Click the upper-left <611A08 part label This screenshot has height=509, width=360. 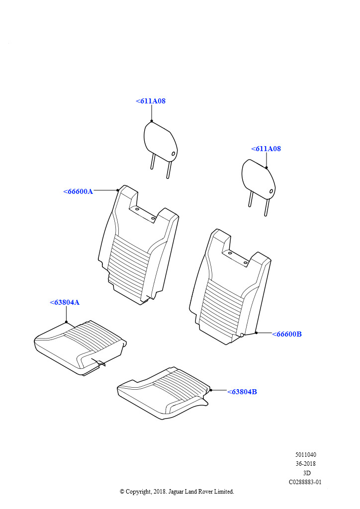click(151, 101)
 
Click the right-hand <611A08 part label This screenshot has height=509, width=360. click(266, 149)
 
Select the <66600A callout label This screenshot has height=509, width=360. click(78, 191)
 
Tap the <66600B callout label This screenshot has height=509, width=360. click(287, 334)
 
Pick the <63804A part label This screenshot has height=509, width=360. click(65, 302)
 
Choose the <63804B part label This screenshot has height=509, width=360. click(242, 392)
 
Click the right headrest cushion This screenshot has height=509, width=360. click(259, 179)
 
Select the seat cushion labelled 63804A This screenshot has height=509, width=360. click(80, 348)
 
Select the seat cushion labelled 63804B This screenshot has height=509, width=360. click(163, 394)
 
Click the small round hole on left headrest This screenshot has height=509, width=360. click(174, 154)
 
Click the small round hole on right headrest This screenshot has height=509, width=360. click(271, 191)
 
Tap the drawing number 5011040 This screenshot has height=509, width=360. click(306, 455)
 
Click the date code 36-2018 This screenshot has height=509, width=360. click(306, 464)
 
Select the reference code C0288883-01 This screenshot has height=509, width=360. click(305, 482)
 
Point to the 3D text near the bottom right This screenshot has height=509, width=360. click(306, 473)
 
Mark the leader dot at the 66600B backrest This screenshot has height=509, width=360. click(256, 333)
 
